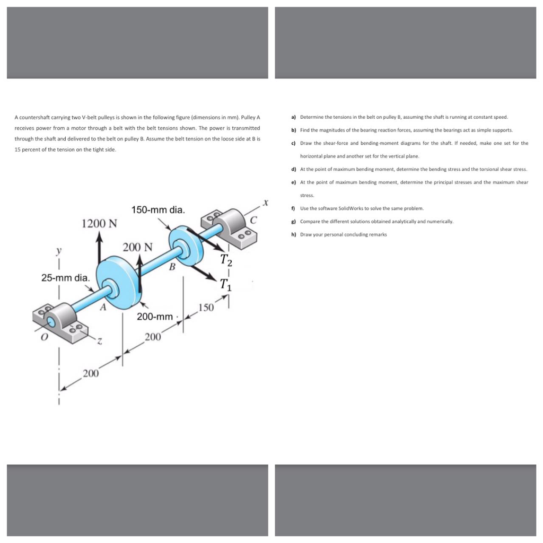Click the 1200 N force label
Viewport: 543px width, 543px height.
pos(99,223)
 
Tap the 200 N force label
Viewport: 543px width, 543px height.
pos(138,247)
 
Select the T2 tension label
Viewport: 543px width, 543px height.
pos(226,260)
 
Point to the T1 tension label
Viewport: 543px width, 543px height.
pos(226,284)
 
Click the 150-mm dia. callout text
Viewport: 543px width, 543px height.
pos(159,210)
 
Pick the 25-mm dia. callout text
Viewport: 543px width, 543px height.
pos(66,277)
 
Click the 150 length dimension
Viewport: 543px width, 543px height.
pos(205,308)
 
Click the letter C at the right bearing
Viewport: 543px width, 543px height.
pos(253,220)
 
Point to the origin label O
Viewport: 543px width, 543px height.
pos(45,337)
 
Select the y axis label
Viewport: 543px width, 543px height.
pos(59,250)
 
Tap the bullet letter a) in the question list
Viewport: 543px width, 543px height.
pos(293,117)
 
